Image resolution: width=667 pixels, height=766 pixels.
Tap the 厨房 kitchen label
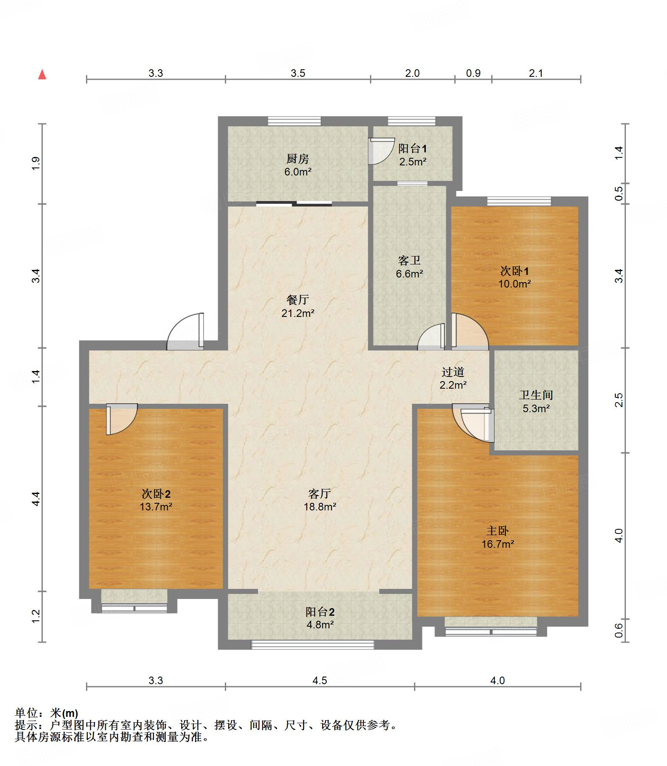298,159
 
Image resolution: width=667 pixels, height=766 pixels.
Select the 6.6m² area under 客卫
409,274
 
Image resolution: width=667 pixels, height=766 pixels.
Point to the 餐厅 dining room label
298,299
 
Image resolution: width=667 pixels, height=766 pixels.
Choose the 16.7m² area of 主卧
498,544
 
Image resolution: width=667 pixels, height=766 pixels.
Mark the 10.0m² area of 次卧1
515,284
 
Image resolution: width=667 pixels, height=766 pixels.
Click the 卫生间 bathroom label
536,395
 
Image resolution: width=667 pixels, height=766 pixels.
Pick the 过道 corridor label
453,372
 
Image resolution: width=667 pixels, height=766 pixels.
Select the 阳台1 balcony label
413,148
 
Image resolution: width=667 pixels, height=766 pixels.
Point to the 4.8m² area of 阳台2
320,625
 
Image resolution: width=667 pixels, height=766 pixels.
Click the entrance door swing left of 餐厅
185,332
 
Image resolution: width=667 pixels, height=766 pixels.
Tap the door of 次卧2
122,419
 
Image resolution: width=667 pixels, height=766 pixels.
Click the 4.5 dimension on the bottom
320,680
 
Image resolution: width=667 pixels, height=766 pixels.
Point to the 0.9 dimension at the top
473,73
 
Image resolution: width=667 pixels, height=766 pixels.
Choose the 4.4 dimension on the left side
36,499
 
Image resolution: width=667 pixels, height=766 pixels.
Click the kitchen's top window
294,121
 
